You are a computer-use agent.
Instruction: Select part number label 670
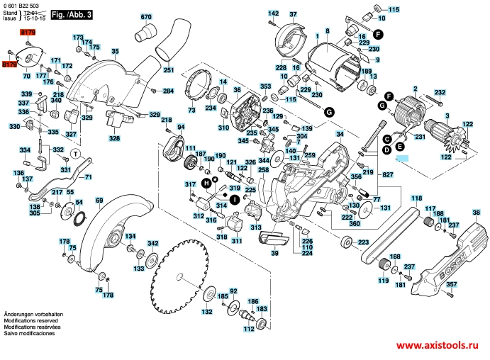click(146, 16)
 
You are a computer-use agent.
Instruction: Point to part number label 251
click(168, 70)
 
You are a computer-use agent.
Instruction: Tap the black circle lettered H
click(206, 183)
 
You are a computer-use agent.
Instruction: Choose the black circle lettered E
click(400, 147)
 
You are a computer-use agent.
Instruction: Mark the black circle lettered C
click(387, 140)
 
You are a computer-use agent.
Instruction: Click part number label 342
click(152, 243)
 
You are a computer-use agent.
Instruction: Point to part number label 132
click(207, 312)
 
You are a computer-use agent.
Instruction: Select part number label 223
click(363, 242)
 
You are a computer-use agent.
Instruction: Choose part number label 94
click(181, 128)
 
